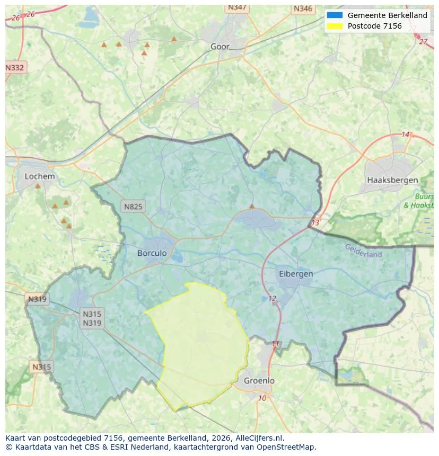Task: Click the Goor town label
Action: (220, 47)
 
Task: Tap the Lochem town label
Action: (40, 176)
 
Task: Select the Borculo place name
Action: (152, 253)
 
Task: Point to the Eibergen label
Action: (296, 274)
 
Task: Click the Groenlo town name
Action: (259, 381)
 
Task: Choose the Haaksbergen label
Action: (392, 181)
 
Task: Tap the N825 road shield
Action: (133, 207)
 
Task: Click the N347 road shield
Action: (236, 7)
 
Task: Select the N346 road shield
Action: (303, 8)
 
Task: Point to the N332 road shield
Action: (15, 68)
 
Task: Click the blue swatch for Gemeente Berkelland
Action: (335, 15)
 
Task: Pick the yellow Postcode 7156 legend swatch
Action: (335, 26)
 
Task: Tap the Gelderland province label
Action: (363, 251)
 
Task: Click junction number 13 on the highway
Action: (315, 222)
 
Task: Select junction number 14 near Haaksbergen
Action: (406, 135)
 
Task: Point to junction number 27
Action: (423, 41)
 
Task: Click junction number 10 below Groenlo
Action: (262, 398)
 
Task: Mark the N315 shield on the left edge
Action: (41, 366)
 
